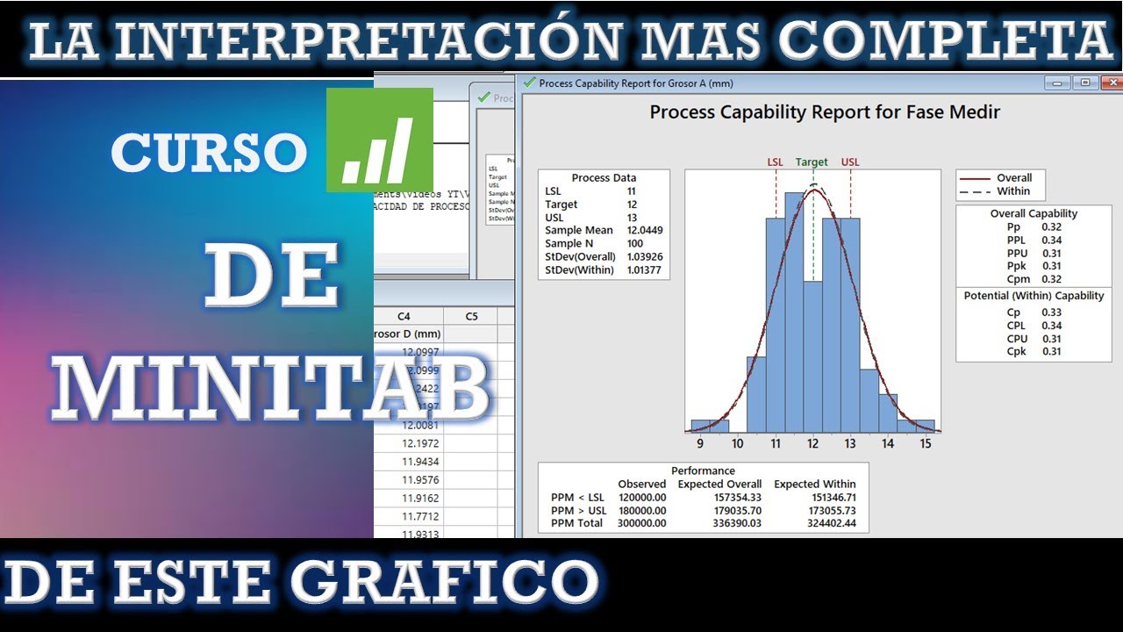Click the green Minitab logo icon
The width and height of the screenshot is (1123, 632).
(380, 140)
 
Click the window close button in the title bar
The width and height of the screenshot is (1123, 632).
(1112, 83)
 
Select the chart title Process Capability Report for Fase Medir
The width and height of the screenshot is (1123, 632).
(824, 112)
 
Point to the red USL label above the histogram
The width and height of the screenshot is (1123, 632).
(850, 162)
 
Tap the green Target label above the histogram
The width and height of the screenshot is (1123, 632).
(812, 162)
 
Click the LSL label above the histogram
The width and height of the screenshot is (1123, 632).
(776, 162)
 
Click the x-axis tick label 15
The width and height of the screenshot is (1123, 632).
(925, 444)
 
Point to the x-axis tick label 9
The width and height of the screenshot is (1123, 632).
(700, 444)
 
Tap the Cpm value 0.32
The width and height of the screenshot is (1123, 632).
(1051, 280)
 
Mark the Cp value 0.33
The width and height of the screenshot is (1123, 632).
(1051, 312)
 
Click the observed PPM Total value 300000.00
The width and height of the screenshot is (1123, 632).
(641, 523)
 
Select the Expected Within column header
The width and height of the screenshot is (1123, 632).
(814, 484)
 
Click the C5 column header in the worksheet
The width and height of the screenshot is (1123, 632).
(471, 316)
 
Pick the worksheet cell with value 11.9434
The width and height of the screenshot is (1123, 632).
(420, 462)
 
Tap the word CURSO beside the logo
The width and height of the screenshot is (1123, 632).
(209, 153)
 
